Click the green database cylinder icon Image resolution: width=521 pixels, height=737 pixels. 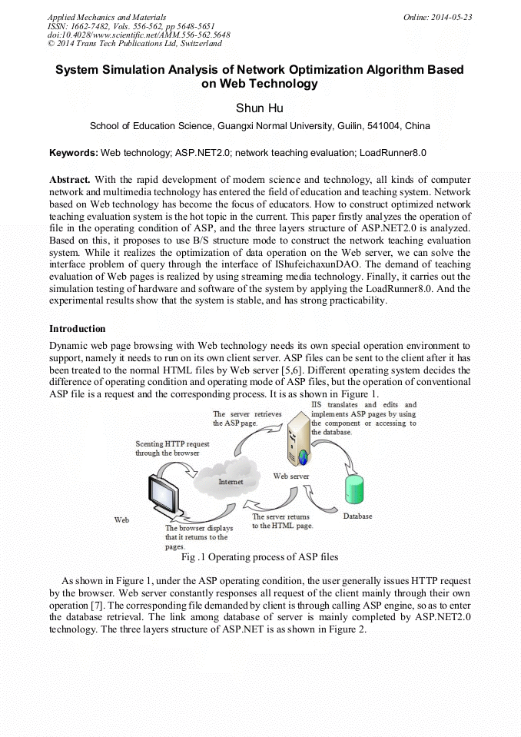[353, 490]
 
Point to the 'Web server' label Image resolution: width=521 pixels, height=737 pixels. [291, 476]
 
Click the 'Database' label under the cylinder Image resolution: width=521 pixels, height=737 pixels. [357, 516]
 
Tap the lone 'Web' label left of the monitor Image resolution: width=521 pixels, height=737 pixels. [121, 520]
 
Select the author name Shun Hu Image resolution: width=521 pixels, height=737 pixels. [260, 108]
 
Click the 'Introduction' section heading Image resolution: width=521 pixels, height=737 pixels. [78, 329]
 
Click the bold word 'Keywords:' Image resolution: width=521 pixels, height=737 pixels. [74, 153]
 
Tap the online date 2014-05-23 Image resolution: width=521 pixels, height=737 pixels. [453, 17]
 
